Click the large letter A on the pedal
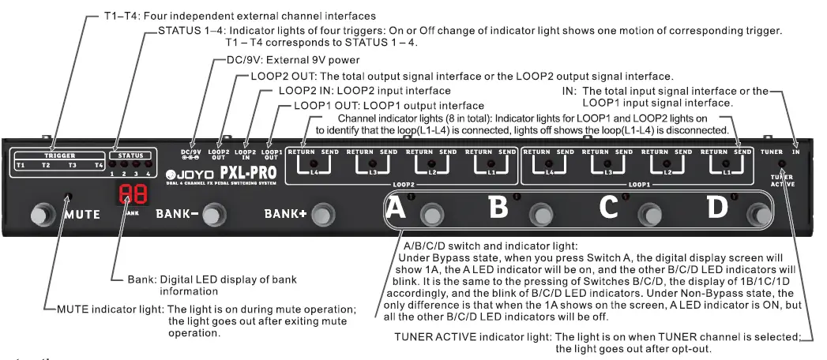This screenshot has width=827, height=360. tap(397, 209)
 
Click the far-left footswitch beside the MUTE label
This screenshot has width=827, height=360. tap(38, 214)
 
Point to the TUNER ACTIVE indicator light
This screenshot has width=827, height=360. tap(782, 164)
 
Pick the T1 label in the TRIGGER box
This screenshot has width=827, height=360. tap(21, 165)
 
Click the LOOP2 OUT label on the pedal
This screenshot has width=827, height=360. tap(219, 154)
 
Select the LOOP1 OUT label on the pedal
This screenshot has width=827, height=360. tap(271, 154)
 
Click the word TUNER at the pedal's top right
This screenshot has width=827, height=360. tap(771, 150)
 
